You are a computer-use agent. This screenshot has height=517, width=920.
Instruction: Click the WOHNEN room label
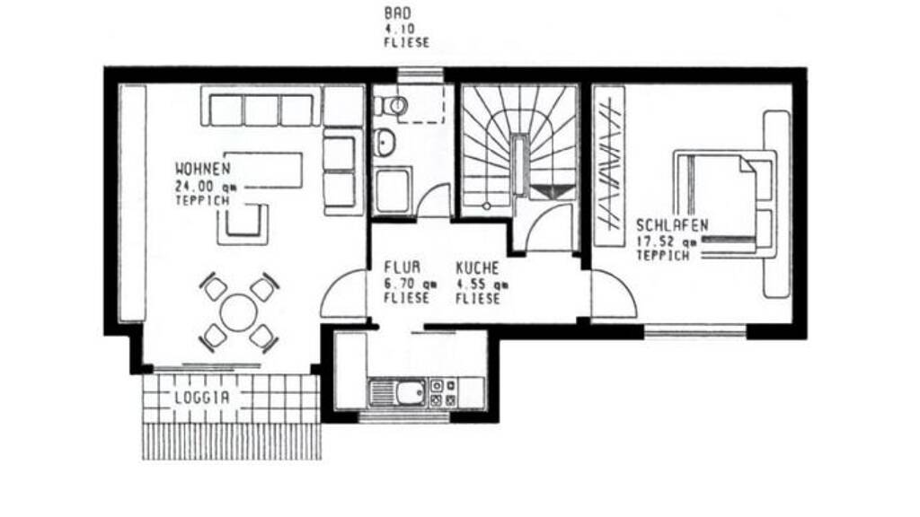click(203, 170)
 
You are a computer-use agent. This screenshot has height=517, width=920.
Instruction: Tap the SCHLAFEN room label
click(672, 225)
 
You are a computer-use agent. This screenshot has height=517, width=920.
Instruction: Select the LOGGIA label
click(202, 398)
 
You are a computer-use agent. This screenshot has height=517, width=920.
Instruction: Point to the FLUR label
click(402, 267)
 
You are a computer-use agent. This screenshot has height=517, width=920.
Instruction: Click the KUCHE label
click(478, 267)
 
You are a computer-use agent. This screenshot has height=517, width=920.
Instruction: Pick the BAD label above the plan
click(398, 13)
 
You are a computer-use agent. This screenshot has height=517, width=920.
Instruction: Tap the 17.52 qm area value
click(668, 241)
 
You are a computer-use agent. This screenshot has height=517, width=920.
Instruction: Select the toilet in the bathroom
click(391, 106)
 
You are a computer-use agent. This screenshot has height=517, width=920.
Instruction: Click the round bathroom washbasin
click(385, 142)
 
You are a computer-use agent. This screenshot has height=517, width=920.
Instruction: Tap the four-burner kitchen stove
click(443, 393)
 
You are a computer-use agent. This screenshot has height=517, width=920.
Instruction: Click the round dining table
click(238, 311)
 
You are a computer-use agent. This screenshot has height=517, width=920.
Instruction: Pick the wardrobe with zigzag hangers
click(609, 166)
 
